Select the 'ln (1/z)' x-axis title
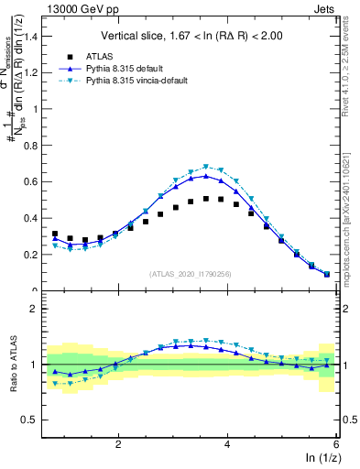[322, 459]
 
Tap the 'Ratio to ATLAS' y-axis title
[12, 364]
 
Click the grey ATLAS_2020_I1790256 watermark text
[191, 274]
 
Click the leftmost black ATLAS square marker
[55, 234]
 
